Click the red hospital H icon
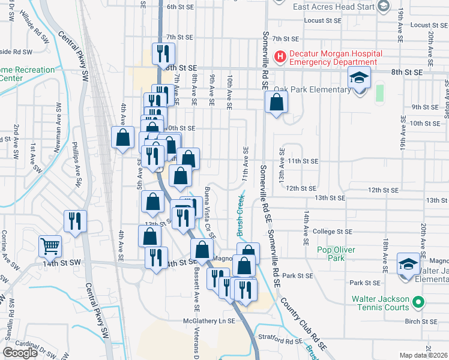[279, 57]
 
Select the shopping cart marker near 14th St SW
[50, 245]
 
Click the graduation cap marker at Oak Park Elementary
[360, 79]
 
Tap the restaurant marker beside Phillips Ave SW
[75, 221]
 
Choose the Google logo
[20, 353]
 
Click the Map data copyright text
[424, 355]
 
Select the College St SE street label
[331, 231]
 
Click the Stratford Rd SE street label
[285, 340]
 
